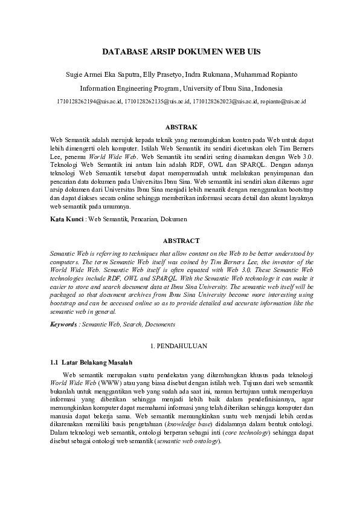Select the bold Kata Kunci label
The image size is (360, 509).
(x=67, y=219)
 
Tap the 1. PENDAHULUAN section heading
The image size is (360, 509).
(x=179, y=346)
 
